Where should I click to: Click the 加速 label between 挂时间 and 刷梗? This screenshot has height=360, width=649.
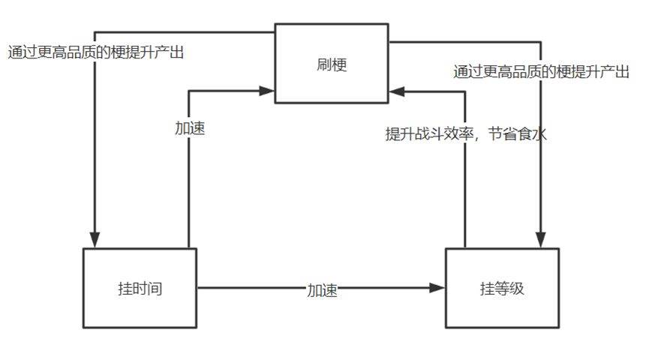(x=190, y=128)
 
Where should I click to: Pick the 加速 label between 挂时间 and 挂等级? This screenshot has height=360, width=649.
(x=322, y=290)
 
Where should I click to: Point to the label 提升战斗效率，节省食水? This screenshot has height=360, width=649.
(x=466, y=133)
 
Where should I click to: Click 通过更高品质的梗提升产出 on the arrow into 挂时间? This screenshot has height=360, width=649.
(x=95, y=52)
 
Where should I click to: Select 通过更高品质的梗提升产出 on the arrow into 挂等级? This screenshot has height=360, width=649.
(x=541, y=71)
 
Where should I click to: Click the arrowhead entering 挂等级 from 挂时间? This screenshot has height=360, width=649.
(x=437, y=288)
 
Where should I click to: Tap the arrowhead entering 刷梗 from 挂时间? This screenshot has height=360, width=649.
(x=267, y=91)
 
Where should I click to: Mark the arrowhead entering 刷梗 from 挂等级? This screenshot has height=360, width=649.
(x=396, y=91)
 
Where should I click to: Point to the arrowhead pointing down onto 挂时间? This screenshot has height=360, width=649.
(x=95, y=240)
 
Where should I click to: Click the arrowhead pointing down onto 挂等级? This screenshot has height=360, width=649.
(x=540, y=240)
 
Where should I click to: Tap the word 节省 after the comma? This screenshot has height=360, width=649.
(x=502, y=133)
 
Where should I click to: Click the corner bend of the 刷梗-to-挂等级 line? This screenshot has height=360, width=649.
(x=540, y=42)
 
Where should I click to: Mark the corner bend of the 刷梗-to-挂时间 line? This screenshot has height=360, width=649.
(x=95, y=32)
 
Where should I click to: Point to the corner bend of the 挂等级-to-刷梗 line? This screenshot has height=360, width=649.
(x=465, y=91)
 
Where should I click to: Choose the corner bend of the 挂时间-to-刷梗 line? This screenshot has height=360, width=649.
(x=189, y=91)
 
